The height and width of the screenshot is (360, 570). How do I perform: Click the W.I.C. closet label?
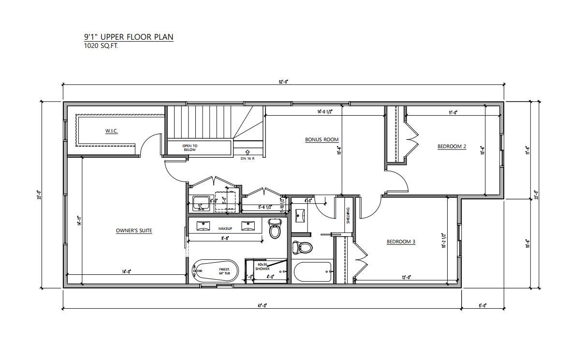point(112,131)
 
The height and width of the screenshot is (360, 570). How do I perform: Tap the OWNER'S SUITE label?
point(134,231)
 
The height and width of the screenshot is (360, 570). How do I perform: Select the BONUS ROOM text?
point(322,140)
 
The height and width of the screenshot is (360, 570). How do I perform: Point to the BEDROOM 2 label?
point(452,146)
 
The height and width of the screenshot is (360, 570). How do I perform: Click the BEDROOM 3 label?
point(401,242)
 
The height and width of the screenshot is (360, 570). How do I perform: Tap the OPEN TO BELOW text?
point(190,148)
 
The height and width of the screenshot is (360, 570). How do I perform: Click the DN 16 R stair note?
point(248,158)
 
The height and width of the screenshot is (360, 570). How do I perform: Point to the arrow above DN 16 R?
point(248,152)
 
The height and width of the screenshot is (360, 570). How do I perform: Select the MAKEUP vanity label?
point(225,228)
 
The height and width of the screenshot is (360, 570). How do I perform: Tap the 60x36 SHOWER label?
point(263,267)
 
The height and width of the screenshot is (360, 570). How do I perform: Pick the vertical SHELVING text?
point(348,215)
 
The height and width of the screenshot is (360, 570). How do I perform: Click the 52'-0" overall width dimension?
point(283,82)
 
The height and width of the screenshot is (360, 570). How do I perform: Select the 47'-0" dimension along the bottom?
point(262,305)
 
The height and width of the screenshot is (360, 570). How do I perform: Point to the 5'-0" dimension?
point(482,305)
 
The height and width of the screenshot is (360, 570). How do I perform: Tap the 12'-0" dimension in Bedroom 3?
point(406,277)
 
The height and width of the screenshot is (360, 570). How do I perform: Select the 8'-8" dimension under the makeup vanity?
point(225,238)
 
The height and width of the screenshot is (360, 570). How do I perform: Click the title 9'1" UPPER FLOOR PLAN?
point(128,37)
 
